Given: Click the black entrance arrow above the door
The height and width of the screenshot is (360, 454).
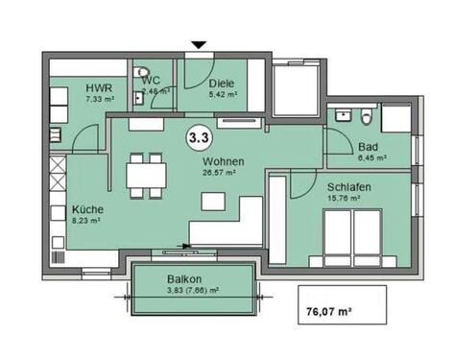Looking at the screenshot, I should click(199, 44).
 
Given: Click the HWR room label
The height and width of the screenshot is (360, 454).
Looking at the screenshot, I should click(97, 84).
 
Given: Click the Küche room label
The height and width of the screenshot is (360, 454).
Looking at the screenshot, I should click(87, 208).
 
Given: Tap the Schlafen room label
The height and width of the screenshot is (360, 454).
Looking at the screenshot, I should click(348, 187).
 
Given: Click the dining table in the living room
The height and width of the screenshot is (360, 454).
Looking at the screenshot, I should click(147, 175).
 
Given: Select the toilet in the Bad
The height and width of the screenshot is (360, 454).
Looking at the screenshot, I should click(367, 118).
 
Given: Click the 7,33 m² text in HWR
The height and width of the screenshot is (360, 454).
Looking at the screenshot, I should click(99, 97).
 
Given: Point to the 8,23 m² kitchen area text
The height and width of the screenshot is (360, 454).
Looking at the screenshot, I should click(86, 219).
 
